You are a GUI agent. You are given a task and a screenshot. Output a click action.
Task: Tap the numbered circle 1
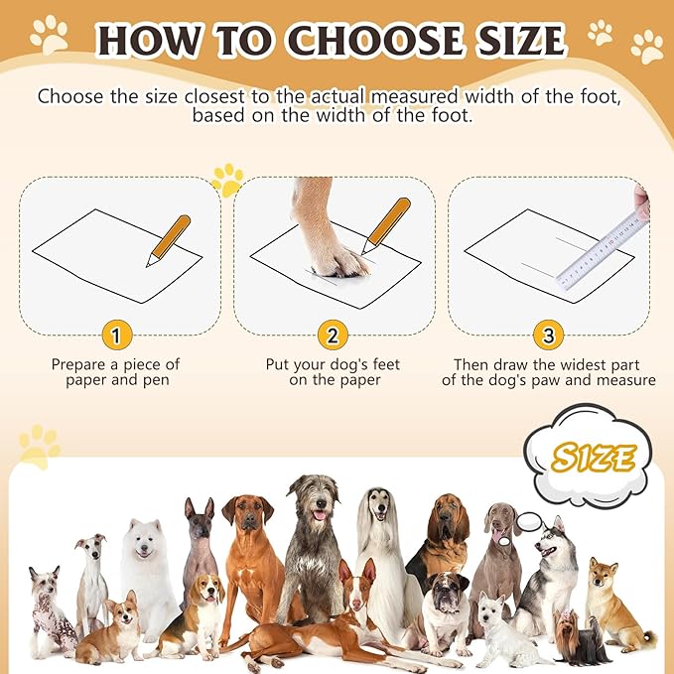[x=116, y=336]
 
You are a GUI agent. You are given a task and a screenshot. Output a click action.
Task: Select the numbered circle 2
[x=333, y=336]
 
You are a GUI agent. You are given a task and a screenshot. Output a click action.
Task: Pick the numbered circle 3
[x=548, y=336]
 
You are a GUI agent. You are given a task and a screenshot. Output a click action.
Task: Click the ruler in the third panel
[x=601, y=248]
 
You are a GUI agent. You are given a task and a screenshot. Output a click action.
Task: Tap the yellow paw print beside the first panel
[x=227, y=180]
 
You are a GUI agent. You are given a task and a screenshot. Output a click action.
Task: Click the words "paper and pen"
[x=116, y=380]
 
